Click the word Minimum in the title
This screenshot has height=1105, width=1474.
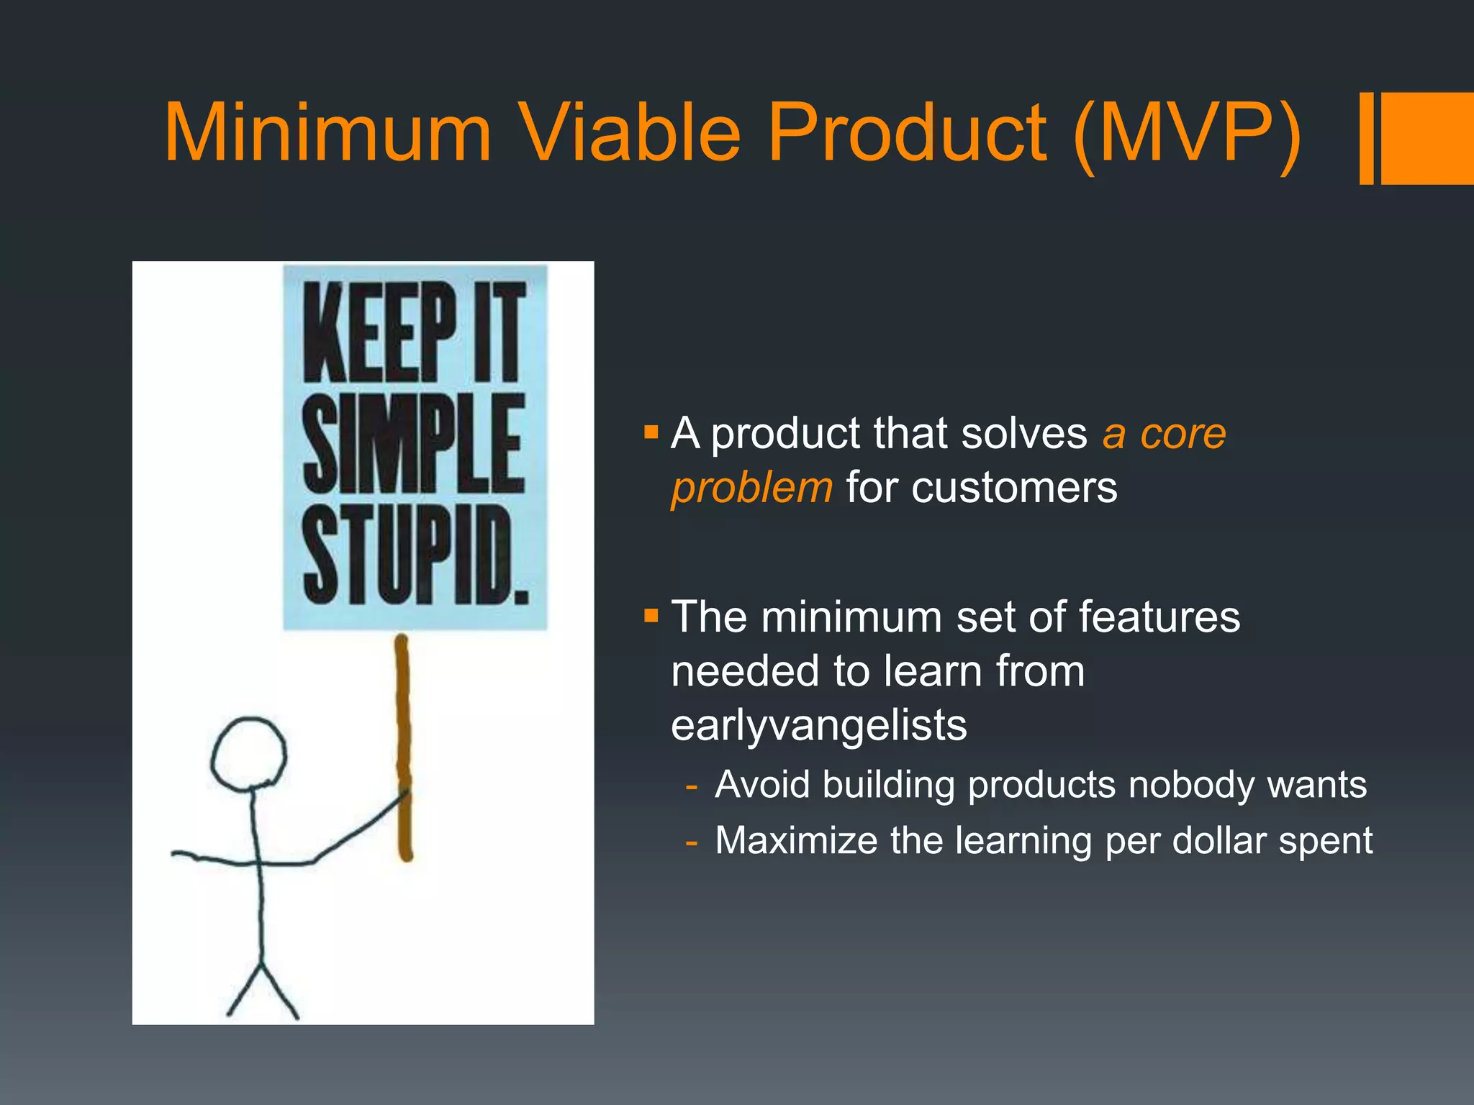click(x=327, y=133)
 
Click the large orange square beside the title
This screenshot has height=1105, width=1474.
click(x=1426, y=138)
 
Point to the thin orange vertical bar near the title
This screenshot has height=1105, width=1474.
click(x=1366, y=138)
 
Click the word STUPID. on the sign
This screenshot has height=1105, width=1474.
click(x=415, y=555)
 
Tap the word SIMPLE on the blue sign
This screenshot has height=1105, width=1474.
click(x=413, y=445)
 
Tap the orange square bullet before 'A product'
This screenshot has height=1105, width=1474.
click(x=651, y=432)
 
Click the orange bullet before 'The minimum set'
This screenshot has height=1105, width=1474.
click(x=651, y=616)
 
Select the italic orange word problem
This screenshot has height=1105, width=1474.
click(x=751, y=488)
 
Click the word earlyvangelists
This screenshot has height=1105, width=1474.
click(x=818, y=725)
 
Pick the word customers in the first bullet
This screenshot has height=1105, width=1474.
click(x=1014, y=488)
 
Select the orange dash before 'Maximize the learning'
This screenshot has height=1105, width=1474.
click(x=692, y=841)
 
